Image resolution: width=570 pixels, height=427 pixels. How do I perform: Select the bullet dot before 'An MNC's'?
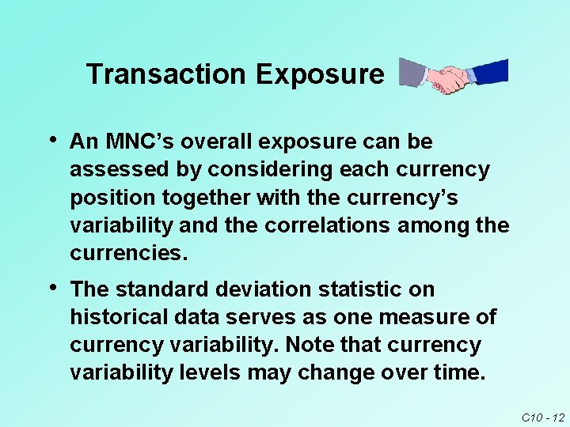tap(52, 140)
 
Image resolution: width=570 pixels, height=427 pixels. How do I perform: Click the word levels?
tap(212, 373)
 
